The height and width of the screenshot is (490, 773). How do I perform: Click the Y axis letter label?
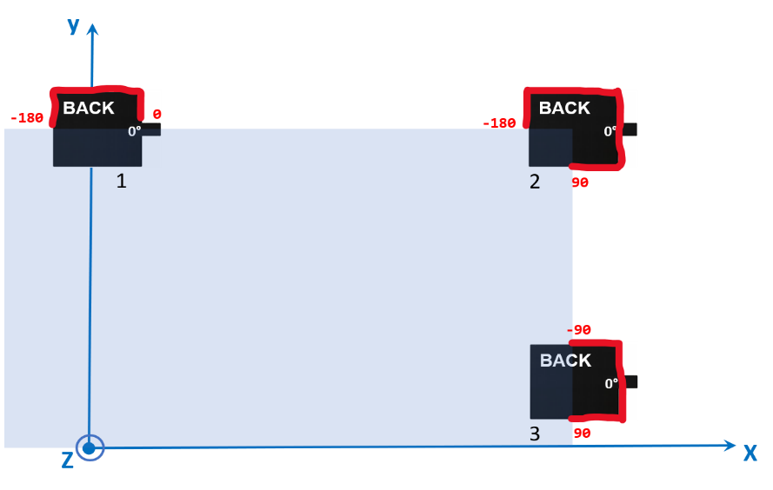73,27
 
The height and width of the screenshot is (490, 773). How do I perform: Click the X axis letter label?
750,453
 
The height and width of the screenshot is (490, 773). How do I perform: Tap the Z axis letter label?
67,460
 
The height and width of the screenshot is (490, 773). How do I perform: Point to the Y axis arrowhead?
92,29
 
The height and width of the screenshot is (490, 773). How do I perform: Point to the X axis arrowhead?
730,446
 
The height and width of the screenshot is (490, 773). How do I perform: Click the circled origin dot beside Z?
89,448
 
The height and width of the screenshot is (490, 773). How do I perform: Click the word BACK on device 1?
89,109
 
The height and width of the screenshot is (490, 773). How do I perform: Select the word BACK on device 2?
564,109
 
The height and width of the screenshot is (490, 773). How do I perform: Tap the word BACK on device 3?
565,361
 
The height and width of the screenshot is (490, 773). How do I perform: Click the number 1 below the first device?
121,181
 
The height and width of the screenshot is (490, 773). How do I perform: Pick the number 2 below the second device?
535,182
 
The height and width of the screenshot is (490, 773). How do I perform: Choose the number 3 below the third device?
535,434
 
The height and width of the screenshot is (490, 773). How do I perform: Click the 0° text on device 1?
135,131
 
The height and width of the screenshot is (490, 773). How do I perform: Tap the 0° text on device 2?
610,131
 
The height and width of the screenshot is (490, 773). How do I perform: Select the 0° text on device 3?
611,383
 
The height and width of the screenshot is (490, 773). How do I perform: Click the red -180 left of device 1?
27,118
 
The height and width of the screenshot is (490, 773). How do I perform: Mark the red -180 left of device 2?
499,123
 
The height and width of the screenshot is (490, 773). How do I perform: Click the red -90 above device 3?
579,330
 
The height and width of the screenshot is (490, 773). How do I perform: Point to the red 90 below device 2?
580,182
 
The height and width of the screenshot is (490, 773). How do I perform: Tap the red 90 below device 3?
582,433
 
